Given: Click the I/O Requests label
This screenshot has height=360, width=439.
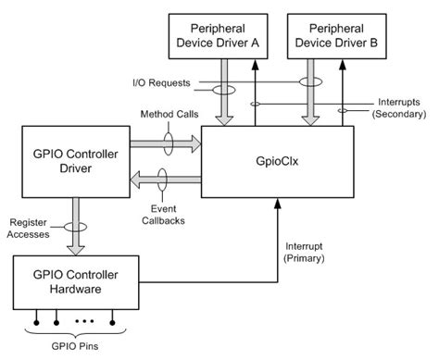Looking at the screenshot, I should [160, 83].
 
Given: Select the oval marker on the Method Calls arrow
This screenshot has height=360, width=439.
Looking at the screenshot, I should [168, 144].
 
